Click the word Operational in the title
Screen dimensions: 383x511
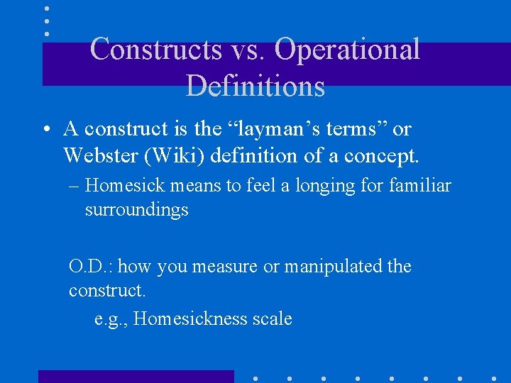347,50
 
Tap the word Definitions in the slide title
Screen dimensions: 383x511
255,85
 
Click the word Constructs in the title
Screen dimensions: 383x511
155,50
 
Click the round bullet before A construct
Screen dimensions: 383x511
45,130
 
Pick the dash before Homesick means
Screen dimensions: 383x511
75,187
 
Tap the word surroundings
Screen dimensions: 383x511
136,210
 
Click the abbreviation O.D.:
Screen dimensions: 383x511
93,267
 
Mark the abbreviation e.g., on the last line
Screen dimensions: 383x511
111,319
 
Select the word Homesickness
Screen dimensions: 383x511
190,319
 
